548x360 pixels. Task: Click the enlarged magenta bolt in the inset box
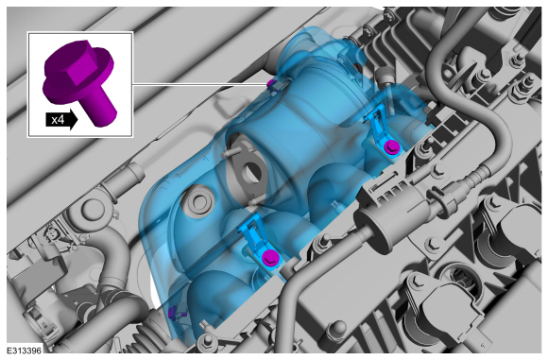79,81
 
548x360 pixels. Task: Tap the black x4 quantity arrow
61,120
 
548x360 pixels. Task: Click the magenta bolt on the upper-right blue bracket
390,146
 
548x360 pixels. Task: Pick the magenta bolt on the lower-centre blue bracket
270,257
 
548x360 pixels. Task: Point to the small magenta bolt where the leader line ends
271,84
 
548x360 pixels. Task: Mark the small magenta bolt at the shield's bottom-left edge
172,312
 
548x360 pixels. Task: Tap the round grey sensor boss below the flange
199,200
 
